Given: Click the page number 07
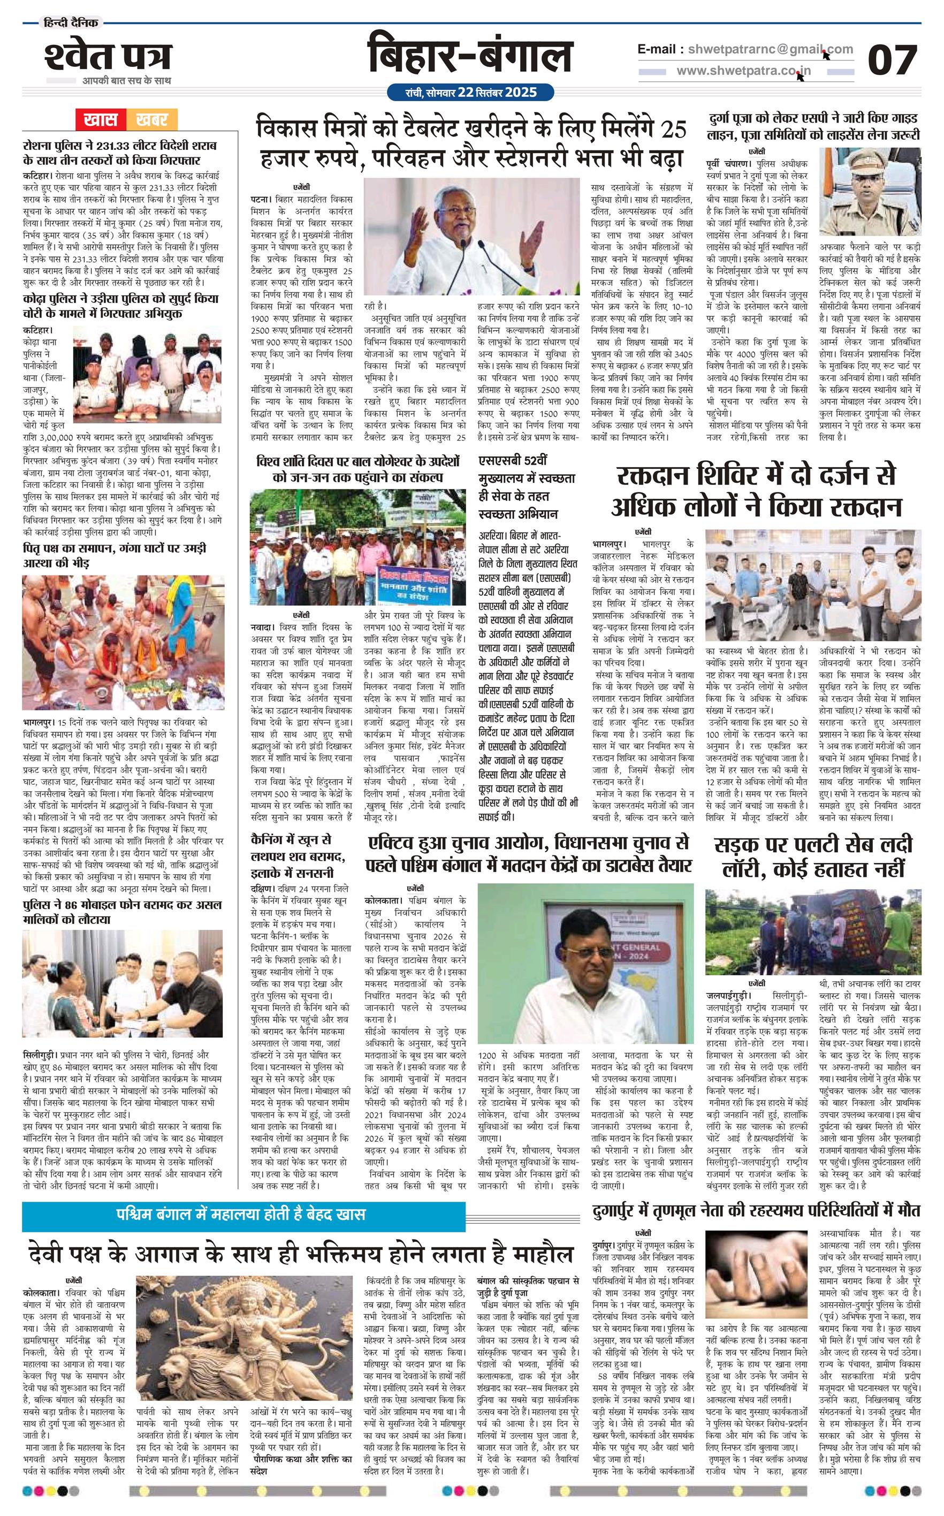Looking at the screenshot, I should tap(893, 60).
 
